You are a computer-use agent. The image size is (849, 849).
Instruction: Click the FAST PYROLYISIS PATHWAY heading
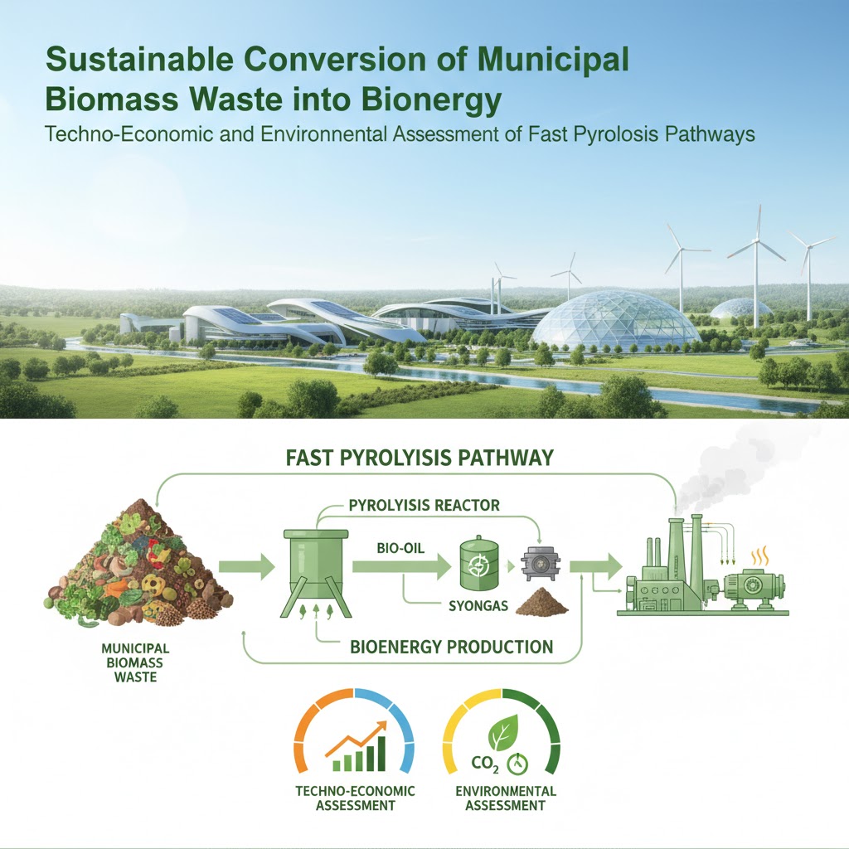419,458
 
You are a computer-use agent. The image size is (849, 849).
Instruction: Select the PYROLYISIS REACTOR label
424,506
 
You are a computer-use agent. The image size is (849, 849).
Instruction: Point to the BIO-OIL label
400,549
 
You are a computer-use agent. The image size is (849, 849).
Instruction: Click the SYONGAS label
478,605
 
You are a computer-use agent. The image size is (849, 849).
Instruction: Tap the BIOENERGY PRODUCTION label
452,647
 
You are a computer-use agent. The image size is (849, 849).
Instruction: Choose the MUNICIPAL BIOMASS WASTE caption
135,662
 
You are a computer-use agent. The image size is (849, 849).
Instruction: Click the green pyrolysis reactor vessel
316,573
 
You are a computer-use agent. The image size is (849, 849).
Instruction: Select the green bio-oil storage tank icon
478,564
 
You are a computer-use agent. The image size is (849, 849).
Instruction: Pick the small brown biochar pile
542,602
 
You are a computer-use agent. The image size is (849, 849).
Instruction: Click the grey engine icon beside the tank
541,564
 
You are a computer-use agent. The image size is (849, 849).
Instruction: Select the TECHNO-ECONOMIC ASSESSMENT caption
355,798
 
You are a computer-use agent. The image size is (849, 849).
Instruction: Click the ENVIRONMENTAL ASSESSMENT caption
506,798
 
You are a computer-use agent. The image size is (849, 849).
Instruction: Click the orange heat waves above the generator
759,555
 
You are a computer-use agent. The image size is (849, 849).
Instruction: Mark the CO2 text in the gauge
485,764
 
